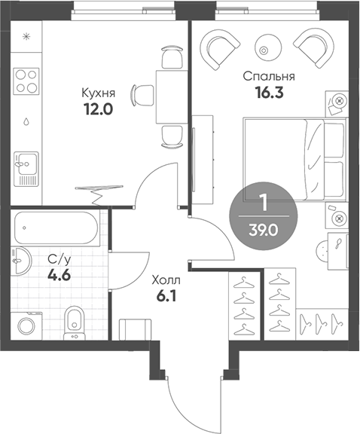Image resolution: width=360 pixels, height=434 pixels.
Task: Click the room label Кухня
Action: point(98,93)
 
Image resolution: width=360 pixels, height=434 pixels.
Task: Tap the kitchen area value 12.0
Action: point(98,108)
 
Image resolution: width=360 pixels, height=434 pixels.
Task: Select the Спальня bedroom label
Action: point(268,76)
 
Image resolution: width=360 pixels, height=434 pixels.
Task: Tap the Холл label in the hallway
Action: point(167,280)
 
